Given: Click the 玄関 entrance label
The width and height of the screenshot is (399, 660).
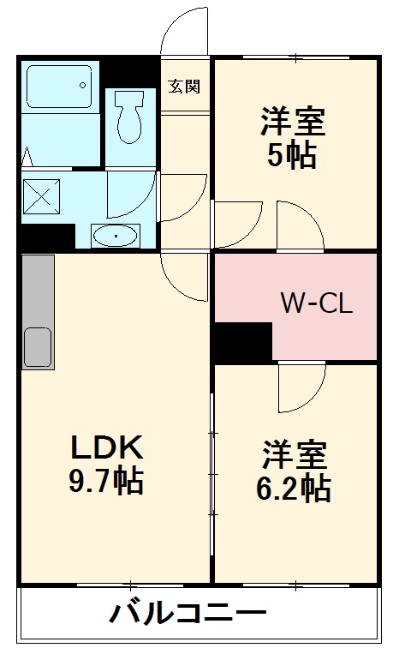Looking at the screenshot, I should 184,86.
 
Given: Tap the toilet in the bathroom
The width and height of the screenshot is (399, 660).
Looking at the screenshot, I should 129,118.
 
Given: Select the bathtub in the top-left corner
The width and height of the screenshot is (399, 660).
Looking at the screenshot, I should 60,87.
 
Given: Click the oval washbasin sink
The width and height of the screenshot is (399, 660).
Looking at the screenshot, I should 116,235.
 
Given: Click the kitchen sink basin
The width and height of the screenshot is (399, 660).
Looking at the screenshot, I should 37,347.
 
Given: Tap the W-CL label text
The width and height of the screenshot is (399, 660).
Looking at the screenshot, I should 317,303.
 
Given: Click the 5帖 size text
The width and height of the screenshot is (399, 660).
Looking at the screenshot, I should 293,156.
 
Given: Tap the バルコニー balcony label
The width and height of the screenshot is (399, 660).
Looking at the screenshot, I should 188,614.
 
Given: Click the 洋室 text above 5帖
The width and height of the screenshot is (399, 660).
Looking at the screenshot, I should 293,122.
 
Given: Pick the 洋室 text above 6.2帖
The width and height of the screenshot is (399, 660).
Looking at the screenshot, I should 293,452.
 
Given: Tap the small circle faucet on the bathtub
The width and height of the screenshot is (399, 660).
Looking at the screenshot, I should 82,83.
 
